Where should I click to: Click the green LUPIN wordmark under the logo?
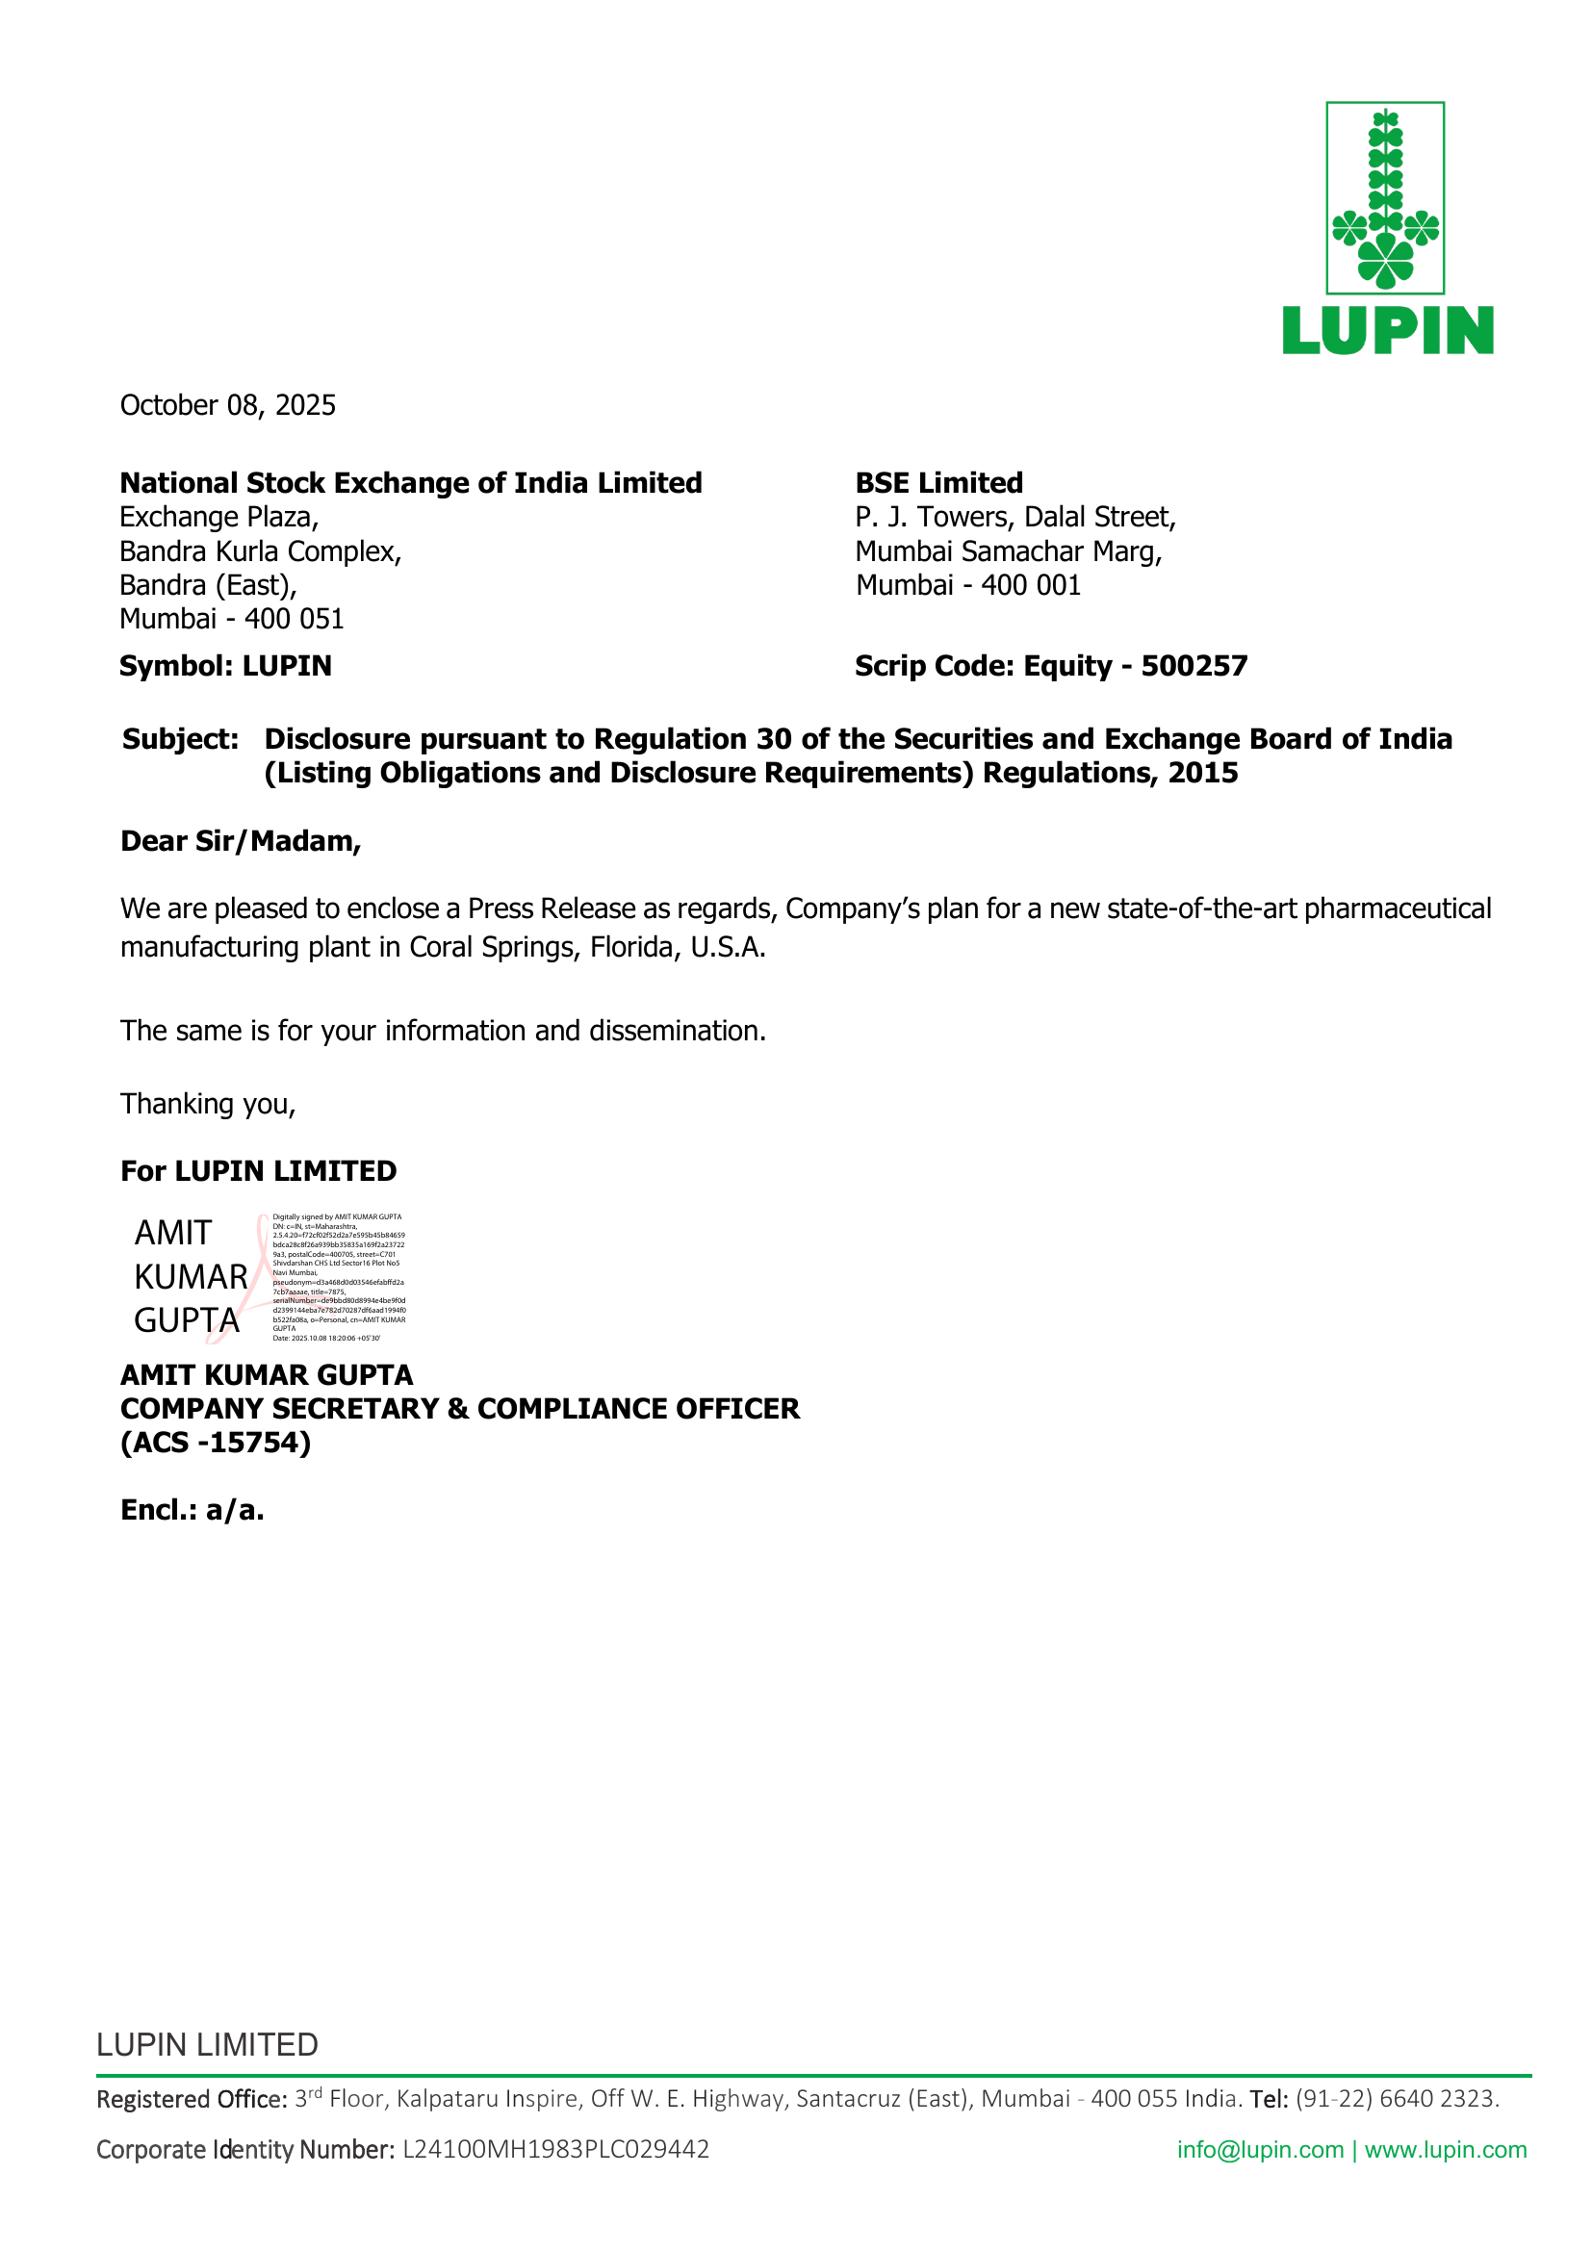pyautogui.click(x=1387, y=329)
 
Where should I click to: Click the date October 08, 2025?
pyautogui.click(x=227, y=405)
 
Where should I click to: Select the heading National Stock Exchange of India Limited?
pyautogui.click(x=411, y=482)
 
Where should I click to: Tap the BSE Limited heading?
pyautogui.click(x=938, y=482)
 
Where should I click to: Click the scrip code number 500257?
pyautogui.click(x=1194, y=666)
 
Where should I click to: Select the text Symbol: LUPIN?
pyautogui.click(x=225, y=666)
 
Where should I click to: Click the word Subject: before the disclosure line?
pyautogui.click(x=180, y=738)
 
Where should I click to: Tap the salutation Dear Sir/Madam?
pyautogui.click(x=241, y=841)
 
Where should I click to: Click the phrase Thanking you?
pyautogui.click(x=208, y=1104)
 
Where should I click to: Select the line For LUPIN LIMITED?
pyautogui.click(x=258, y=1170)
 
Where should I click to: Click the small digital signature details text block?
pyautogui.click(x=338, y=1277)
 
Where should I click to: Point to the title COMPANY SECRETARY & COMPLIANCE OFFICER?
pyautogui.click(x=460, y=1408)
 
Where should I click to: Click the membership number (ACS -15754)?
pyautogui.click(x=216, y=1443)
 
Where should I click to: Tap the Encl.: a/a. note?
pyautogui.click(x=193, y=1510)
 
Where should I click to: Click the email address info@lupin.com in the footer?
pyautogui.click(x=1260, y=2149)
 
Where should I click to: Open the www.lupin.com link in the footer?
pyautogui.click(x=1445, y=2149)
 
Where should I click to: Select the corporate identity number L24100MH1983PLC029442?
pyautogui.click(x=555, y=2149)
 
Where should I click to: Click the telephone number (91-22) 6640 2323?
pyautogui.click(x=1397, y=2098)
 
